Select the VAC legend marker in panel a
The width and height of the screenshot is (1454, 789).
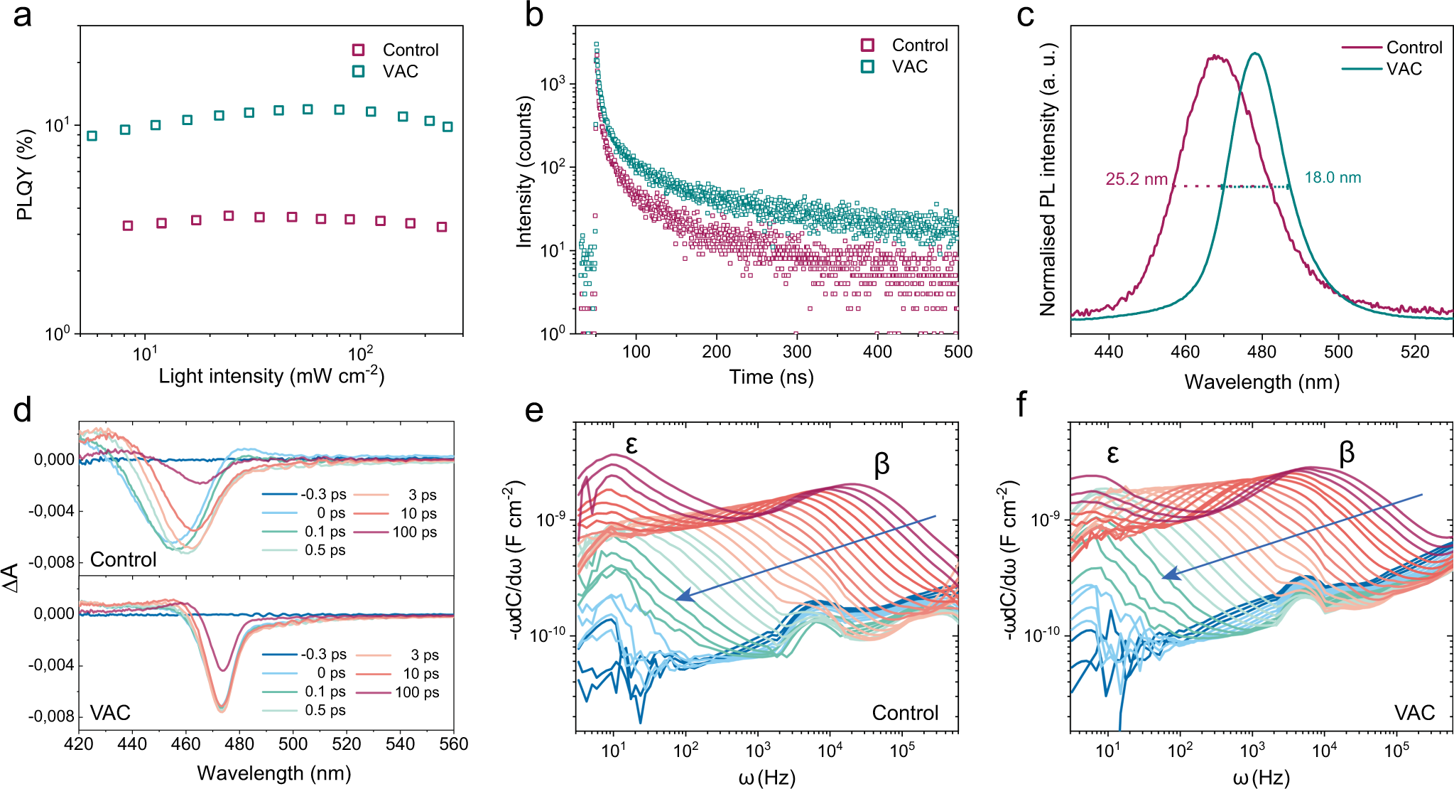tap(359, 71)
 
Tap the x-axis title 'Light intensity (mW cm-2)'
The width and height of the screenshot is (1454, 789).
tap(271, 375)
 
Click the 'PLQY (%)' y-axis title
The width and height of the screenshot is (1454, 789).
tap(25, 175)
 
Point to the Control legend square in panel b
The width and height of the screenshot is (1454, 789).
tap(867, 45)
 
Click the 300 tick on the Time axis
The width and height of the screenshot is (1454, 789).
tap(797, 352)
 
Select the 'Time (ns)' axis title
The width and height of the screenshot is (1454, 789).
tap(771, 377)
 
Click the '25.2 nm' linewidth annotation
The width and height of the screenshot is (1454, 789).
tap(1136, 179)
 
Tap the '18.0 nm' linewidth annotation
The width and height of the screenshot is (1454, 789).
tap(1333, 178)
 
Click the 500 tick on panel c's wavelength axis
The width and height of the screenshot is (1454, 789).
tap(1338, 352)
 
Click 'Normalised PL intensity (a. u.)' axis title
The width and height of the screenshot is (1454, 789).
tap(1048, 179)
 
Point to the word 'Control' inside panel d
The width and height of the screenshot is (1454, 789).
tap(123, 559)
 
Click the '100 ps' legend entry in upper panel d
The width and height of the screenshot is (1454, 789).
tap(415, 532)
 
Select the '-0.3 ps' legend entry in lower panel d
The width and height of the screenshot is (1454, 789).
tap(323, 655)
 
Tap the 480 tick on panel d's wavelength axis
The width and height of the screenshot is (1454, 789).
tap(239, 744)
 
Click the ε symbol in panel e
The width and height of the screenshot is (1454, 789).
tap(631, 445)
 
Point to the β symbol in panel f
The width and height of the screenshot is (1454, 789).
tap(1346, 452)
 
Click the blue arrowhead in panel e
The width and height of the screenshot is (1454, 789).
tap(680, 597)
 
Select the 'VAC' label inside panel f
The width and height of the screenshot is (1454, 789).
tap(1414, 712)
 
